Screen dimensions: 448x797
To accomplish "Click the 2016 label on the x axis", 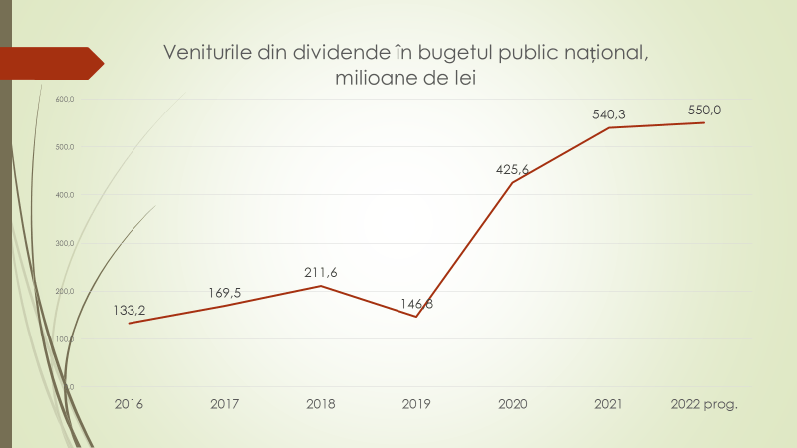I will (130, 404).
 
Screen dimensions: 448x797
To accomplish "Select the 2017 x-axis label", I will (225, 404).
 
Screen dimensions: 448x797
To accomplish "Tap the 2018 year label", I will (321, 404).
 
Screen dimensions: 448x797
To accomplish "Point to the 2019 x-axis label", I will (416, 404).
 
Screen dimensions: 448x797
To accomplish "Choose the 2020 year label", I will (512, 404).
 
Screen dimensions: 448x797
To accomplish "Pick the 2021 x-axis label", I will (608, 404).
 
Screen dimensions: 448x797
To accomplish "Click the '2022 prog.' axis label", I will (704, 404).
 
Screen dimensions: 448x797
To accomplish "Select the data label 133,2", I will (130, 311).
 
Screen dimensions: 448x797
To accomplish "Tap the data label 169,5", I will (225, 292).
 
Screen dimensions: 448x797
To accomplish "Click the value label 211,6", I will (321, 272).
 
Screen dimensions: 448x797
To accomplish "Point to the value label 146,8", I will (416, 304).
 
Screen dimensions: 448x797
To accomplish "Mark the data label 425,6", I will (512, 169).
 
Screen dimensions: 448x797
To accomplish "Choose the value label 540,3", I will (608, 114).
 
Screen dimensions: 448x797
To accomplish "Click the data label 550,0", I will (704, 110).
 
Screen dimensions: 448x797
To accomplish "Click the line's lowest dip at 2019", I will (416, 317).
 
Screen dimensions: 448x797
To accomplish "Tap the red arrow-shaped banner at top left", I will (50, 63).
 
